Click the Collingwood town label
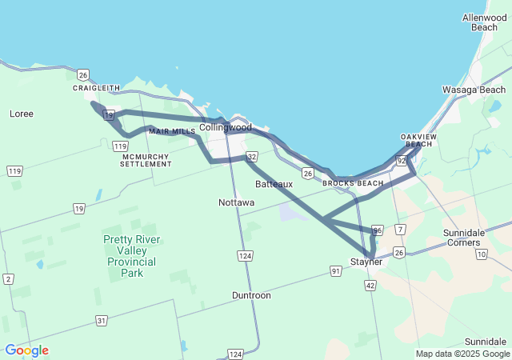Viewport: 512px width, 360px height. point(225,127)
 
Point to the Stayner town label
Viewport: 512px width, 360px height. point(366,262)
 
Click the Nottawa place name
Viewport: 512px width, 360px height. point(237,202)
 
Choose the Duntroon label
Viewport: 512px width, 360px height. point(251,295)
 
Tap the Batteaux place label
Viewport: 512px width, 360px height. point(274,184)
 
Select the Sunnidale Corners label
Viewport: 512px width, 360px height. point(463,237)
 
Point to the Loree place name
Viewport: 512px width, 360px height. point(22,114)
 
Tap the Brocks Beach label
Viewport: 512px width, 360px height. point(353,183)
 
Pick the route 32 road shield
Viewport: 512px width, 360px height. point(252,157)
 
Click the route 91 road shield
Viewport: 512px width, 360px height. point(336,271)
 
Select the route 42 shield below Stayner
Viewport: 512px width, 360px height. point(370,285)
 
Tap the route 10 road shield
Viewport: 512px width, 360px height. point(481,254)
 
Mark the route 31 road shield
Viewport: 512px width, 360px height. point(102,320)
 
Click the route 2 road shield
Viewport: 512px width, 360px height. point(8,278)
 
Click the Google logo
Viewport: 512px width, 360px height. point(26,350)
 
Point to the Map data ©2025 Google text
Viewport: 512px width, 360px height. point(462,354)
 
